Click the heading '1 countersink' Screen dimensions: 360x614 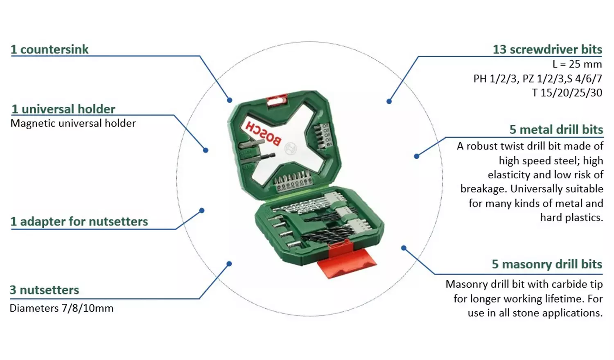coord(50,49)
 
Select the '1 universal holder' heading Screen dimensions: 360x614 coord(63,109)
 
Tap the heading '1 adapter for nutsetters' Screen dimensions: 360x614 coord(79,221)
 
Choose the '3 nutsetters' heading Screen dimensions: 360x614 coord(44,290)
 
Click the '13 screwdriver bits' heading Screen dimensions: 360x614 coord(547,49)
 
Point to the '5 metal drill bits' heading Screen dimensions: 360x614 coord(556,130)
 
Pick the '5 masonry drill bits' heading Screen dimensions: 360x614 coord(547,264)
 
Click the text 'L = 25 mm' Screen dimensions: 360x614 coord(577,64)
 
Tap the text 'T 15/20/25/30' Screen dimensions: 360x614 coord(567,93)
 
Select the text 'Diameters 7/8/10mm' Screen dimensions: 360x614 coord(61,308)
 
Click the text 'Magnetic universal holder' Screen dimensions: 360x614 coord(73,124)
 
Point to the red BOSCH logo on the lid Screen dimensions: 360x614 coord(263,133)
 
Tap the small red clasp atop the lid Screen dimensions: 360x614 coord(277,99)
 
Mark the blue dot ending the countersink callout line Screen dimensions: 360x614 coord(230,100)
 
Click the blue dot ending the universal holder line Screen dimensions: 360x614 coord(206,151)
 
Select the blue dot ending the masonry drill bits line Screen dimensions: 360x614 coord(404,248)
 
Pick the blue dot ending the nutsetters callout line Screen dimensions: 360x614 coord(229,264)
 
